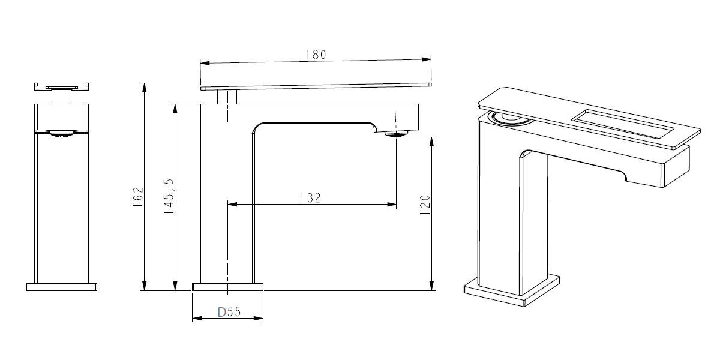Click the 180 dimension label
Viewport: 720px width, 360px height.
[x=316, y=55]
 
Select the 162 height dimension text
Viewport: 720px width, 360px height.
[x=138, y=197]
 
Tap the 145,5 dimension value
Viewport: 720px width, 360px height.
[x=169, y=196]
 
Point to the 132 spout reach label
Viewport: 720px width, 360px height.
[x=311, y=197]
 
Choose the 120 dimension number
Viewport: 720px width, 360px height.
[x=425, y=205]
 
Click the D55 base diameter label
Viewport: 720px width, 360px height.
[x=229, y=312]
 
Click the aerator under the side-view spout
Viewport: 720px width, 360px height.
[x=397, y=133]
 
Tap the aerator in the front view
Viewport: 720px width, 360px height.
[x=61, y=133]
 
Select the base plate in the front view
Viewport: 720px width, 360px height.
[x=62, y=287]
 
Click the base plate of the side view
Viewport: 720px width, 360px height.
[x=227, y=287]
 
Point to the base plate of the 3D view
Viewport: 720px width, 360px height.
[x=512, y=291]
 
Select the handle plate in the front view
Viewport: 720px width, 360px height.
[x=61, y=86]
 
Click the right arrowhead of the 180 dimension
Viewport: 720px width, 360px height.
[x=426, y=59]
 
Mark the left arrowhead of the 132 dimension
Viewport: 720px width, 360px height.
[x=232, y=204]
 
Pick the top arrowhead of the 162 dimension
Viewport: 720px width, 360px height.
[x=145, y=88]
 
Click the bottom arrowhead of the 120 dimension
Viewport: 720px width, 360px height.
[x=431, y=286]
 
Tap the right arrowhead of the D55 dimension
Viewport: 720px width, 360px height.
[x=259, y=318]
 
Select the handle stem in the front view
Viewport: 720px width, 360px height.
[x=61, y=97]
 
